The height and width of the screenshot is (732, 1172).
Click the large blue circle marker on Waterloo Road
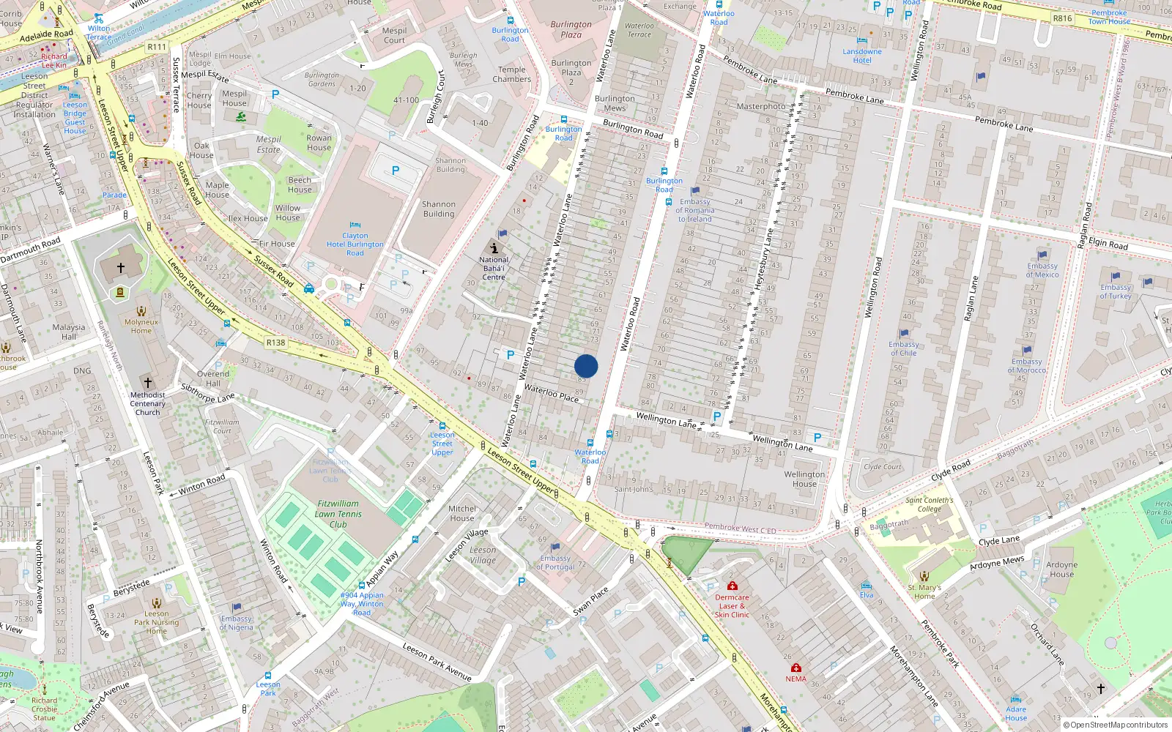[x=586, y=366]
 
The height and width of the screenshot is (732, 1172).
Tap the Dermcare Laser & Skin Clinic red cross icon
[x=732, y=586]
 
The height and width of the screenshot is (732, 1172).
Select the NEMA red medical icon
[x=796, y=668]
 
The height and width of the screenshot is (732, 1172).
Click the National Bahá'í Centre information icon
[x=494, y=247]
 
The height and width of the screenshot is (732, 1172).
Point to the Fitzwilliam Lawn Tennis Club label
[x=338, y=514]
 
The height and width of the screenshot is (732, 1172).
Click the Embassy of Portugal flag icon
[x=555, y=547]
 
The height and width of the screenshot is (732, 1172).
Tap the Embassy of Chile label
[x=904, y=348]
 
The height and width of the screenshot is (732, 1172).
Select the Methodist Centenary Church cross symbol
[x=147, y=383]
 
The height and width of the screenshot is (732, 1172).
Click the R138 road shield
[x=276, y=343]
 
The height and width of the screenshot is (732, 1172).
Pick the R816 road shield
[x=1062, y=18]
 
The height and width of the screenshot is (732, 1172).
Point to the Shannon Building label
[x=439, y=209]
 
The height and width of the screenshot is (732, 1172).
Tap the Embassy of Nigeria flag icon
[x=236, y=608]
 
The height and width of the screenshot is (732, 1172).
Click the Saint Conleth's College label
[x=929, y=504]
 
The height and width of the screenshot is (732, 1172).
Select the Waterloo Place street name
[x=552, y=392]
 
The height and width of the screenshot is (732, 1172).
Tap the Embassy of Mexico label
[x=1042, y=270]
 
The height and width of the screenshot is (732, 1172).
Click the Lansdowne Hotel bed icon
[x=862, y=40]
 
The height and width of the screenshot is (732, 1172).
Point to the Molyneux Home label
[x=141, y=326]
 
